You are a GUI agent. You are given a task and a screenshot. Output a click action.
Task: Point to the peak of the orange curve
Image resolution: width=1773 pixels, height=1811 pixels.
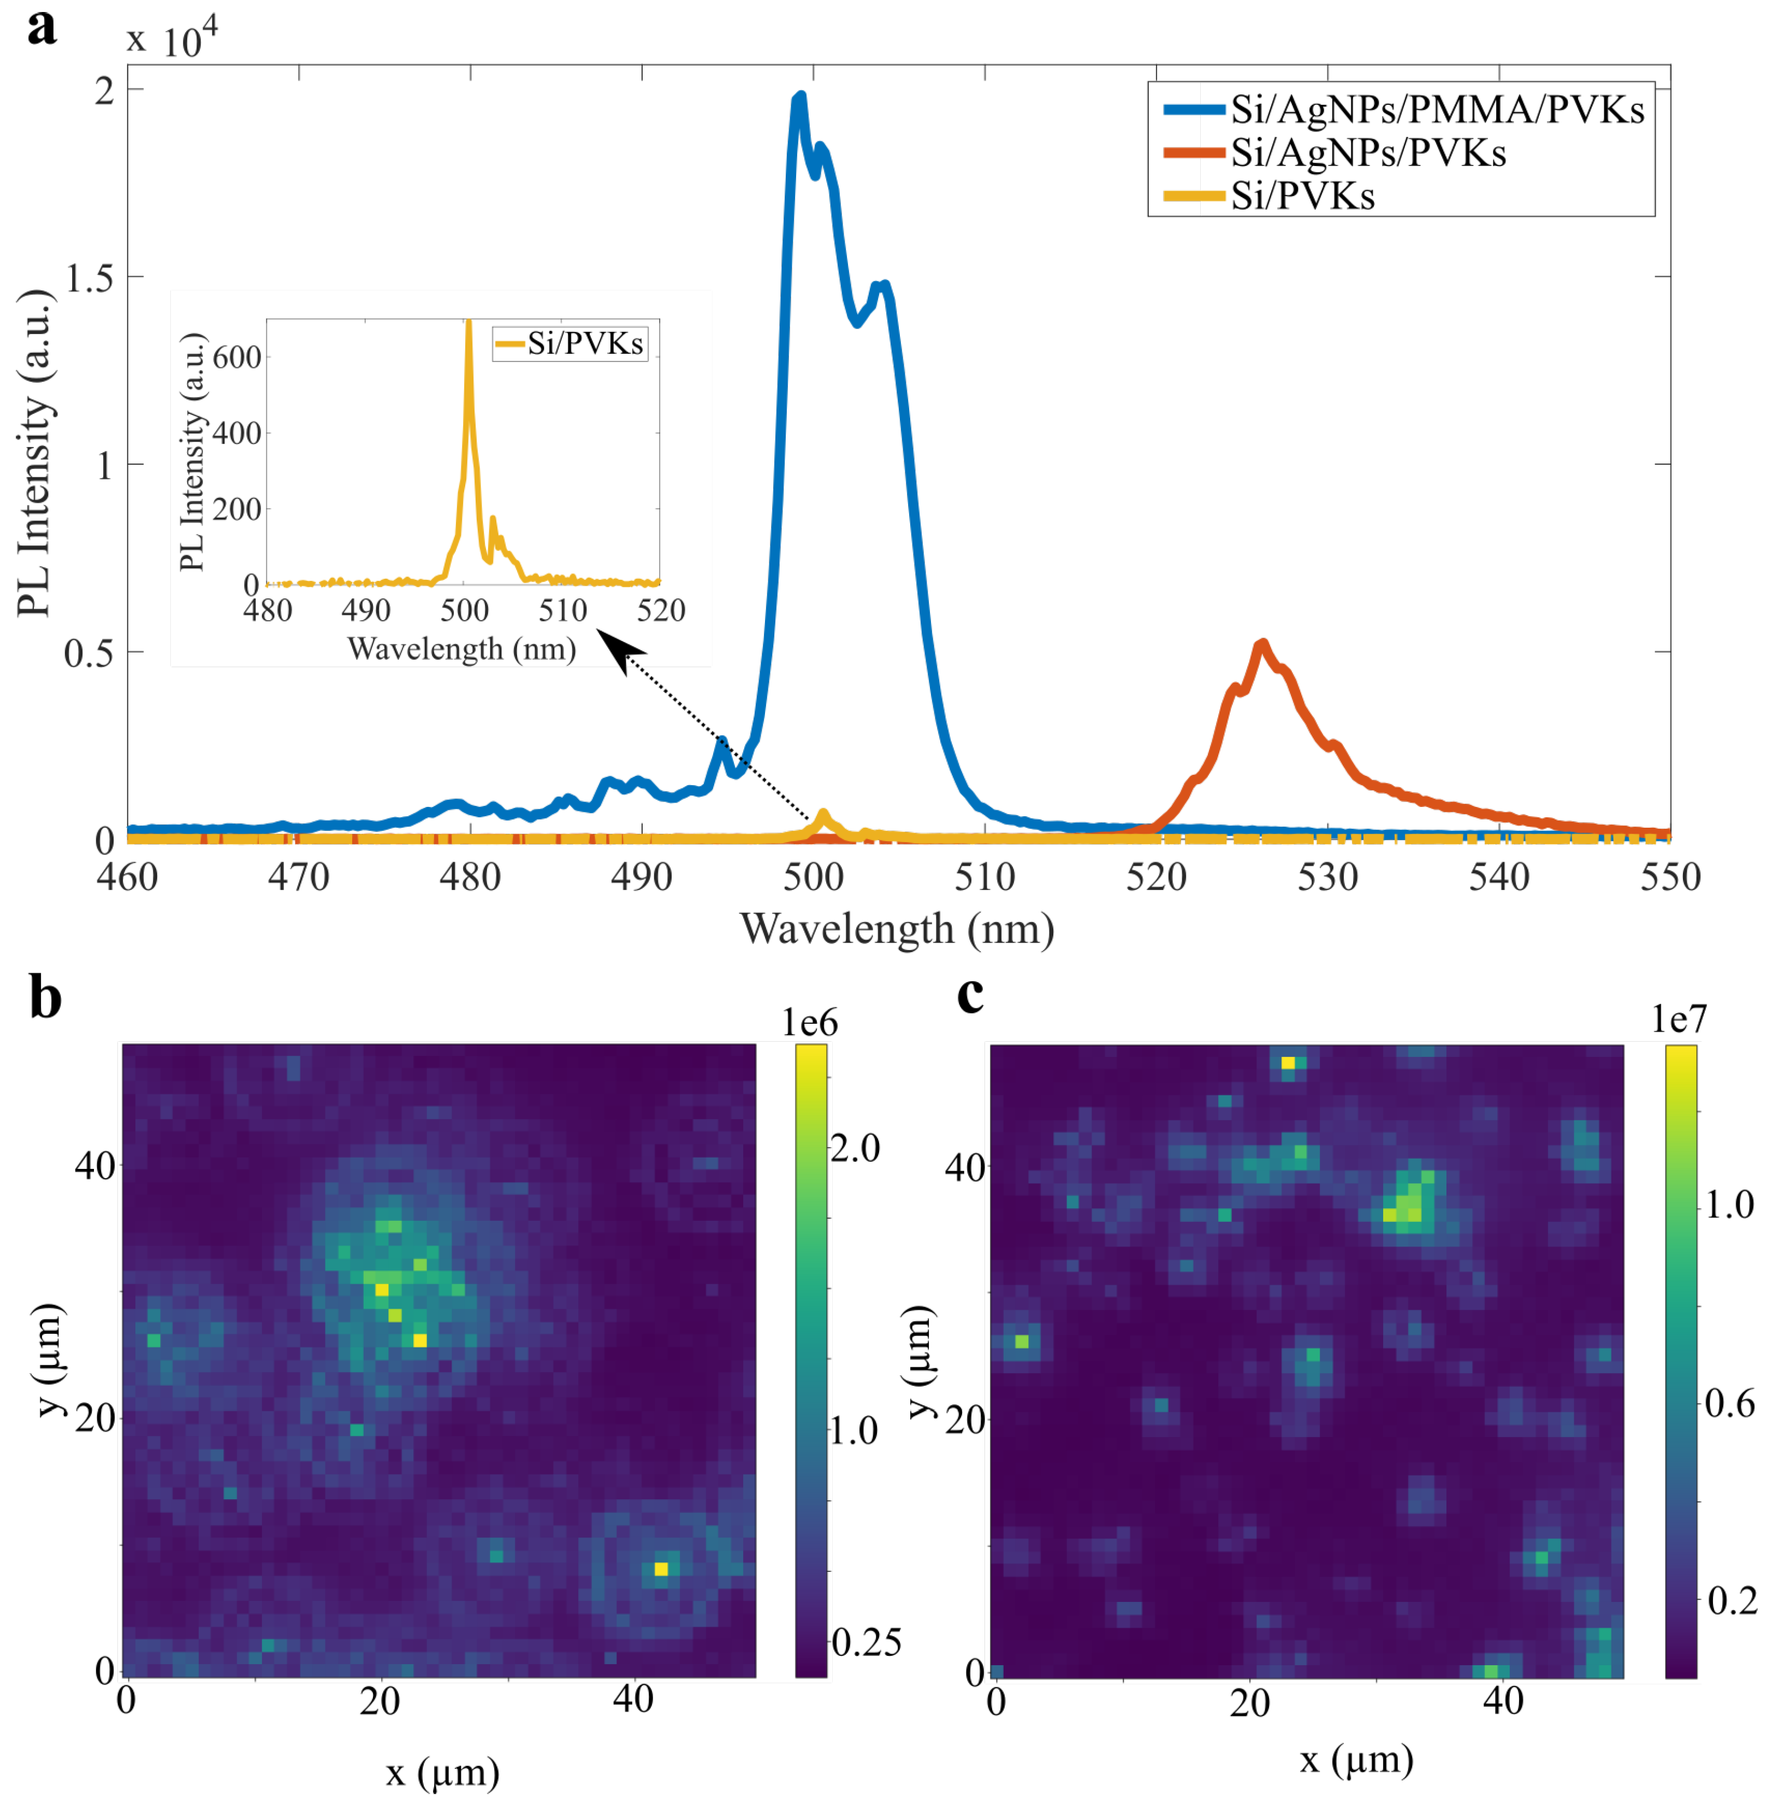click(x=1262, y=643)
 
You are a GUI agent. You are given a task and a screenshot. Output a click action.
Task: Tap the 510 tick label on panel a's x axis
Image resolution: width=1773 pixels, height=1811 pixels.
click(x=985, y=877)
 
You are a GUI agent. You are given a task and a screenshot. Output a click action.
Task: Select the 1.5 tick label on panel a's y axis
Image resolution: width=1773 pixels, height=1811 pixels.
click(x=90, y=277)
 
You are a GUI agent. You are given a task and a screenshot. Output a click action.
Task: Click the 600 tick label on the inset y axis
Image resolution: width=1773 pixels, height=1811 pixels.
click(x=236, y=357)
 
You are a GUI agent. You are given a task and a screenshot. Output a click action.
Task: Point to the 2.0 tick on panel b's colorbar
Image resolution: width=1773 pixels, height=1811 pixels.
click(x=855, y=1149)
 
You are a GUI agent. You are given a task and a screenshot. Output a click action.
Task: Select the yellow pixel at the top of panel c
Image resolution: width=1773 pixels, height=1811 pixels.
click(x=1288, y=1064)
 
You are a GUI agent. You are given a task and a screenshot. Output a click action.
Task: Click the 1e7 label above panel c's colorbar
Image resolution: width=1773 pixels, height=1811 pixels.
click(x=1679, y=1019)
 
